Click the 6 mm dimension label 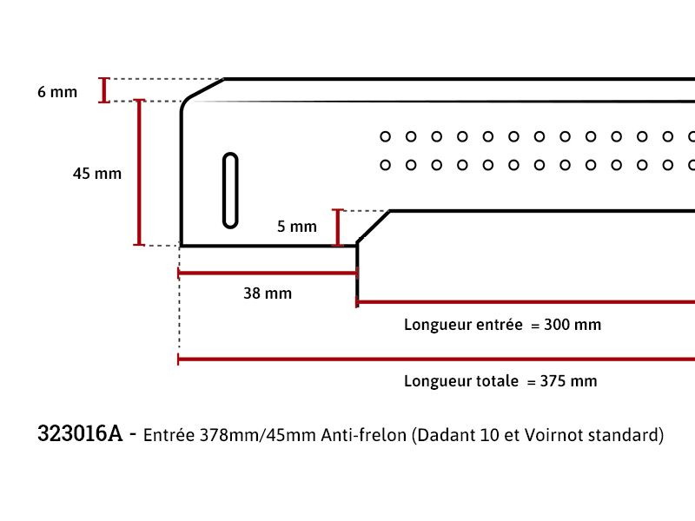pos(57,92)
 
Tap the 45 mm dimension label pos(97,173)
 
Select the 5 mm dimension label pos(297,227)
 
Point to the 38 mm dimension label pos(268,293)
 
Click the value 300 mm pos(573,325)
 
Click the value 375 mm pos(568,381)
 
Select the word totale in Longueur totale pos(497,381)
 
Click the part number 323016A pos(80,433)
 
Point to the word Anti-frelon pos(363,435)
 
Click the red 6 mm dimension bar pos(104,90)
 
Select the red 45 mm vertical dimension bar pos(139,172)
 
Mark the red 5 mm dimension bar pos(338,228)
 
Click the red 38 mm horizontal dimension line pos(268,273)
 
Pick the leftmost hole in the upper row pos(385,136)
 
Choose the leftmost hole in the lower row pos(385,165)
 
